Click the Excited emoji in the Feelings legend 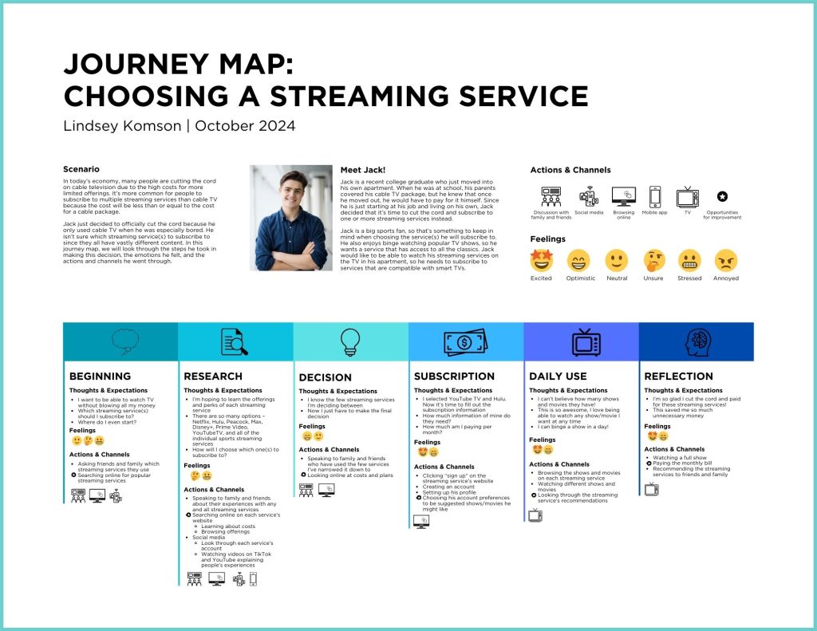pos(541,260)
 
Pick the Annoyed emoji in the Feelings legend pos(725,260)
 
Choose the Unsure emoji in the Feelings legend pos(653,260)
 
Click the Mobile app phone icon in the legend pos(655,196)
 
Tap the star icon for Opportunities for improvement pos(721,196)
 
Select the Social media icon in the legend pos(588,196)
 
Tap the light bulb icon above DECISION pos(350,341)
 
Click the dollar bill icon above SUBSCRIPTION pos(465,341)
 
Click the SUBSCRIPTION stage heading pos(454,376)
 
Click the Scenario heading pos(81,169)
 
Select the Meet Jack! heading pos(362,169)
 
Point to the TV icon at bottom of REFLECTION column pos(651,489)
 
